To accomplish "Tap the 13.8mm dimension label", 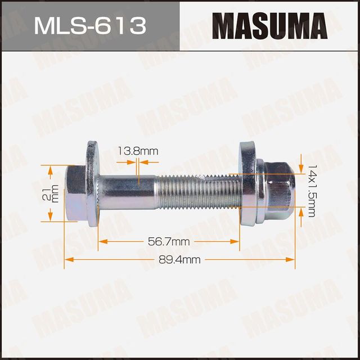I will tap(138, 151).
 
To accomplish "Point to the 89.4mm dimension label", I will tap(180, 259).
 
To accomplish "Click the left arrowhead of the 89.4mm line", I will tap(68, 259).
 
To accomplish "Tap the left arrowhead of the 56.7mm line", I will tap(102, 241).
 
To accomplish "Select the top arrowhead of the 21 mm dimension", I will tap(50, 169).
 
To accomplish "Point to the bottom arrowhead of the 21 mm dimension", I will tap(50, 218).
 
